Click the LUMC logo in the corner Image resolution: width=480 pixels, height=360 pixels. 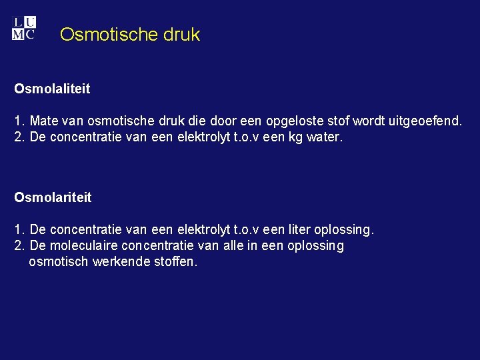tap(24, 28)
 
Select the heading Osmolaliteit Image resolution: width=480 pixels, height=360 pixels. tap(52, 88)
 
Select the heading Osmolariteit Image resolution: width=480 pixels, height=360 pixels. tap(53, 197)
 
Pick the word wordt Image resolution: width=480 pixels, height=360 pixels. tap(367, 122)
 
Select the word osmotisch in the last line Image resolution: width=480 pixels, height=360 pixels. tap(58, 262)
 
